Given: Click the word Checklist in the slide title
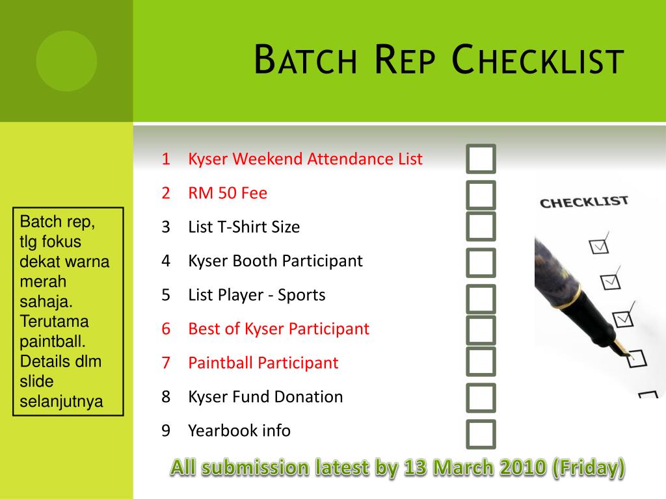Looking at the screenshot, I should tap(537, 60).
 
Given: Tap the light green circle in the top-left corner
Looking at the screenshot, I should tap(66, 61).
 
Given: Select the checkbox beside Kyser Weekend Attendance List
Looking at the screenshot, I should tap(481, 159).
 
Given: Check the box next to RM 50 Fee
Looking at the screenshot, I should tap(481, 194).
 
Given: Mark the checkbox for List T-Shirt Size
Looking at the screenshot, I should tap(481, 226).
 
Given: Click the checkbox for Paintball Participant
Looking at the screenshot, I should tap(481, 362).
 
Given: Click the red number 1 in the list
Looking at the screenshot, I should tap(166, 159).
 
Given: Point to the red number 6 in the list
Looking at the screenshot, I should tap(166, 329).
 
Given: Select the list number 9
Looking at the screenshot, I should tap(166, 431).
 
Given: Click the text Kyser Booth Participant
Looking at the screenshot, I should tap(275, 261).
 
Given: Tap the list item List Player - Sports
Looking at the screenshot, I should tap(256, 295).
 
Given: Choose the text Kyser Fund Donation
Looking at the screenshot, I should tap(265, 397).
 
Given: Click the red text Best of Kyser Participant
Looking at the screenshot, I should tap(278, 329).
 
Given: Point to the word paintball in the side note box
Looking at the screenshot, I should tap(53, 342).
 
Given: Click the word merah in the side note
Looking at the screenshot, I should tap(44, 282).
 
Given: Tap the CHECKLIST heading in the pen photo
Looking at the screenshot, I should tap(584, 202).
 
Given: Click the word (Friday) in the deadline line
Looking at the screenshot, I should tap(589, 467).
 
